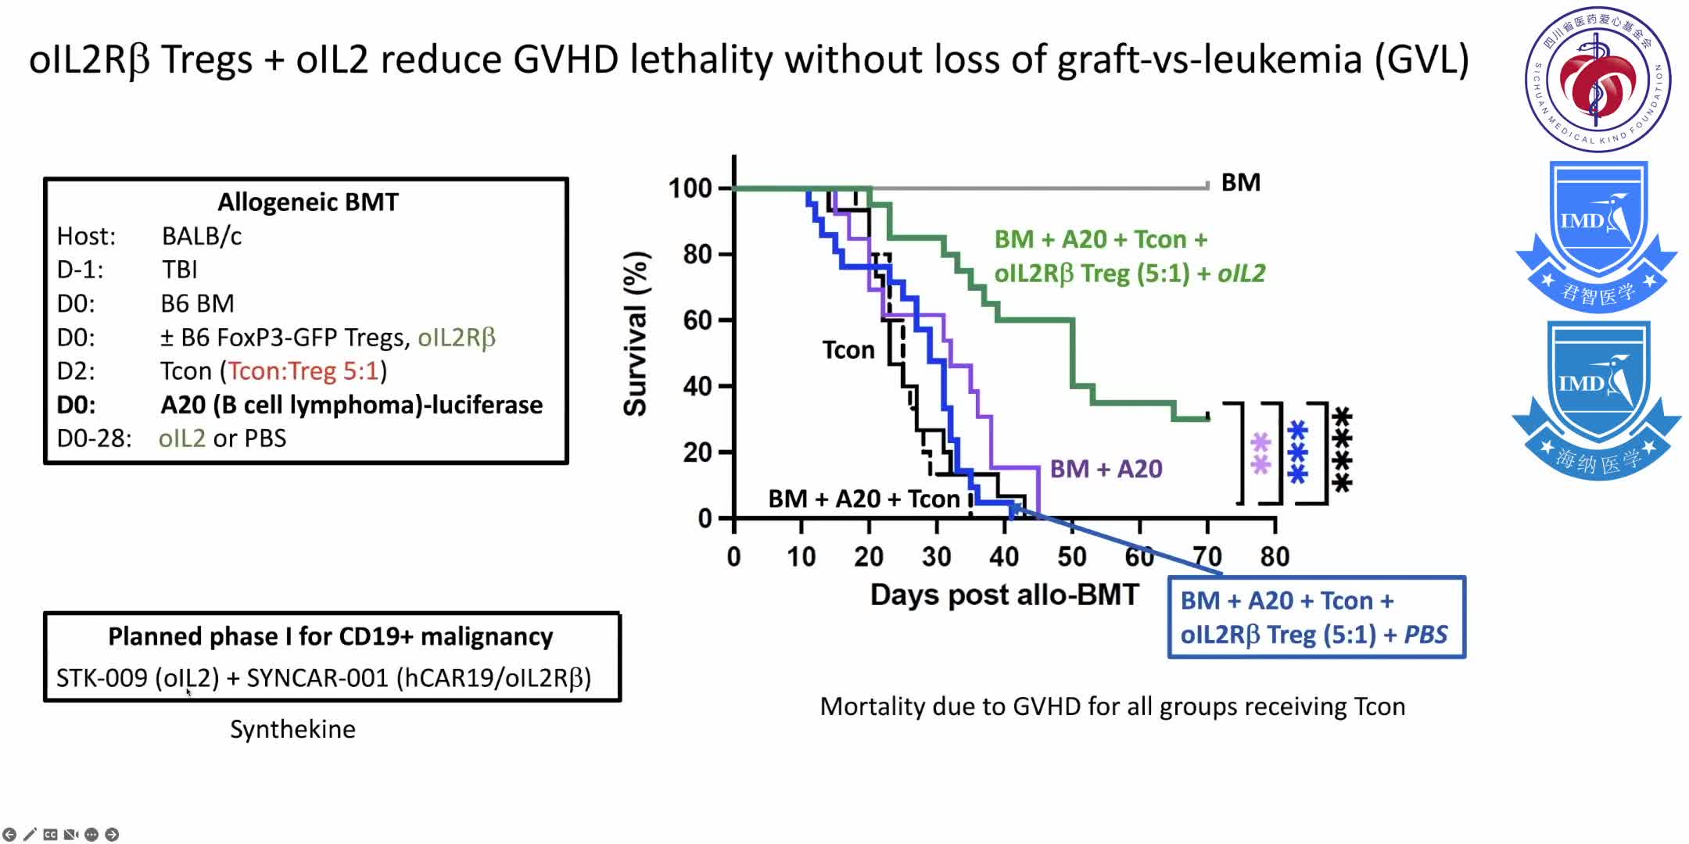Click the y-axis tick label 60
click(698, 320)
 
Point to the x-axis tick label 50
click(1071, 557)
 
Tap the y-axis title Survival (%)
click(636, 334)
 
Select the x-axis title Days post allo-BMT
click(1004, 595)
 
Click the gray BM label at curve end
click(1241, 183)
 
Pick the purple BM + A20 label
click(1106, 469)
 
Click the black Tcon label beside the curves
click(848, 350)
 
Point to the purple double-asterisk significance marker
click(1260, 454)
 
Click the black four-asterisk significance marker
click(1342, 449)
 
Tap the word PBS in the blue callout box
click(1425, 635)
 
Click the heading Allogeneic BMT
click(307, 202)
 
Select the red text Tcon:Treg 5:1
click(303, 371)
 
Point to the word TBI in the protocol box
click(179, 270)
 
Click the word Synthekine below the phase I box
click(292, 729)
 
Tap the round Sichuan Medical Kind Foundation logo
click(1598, 79)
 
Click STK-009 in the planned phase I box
click(102, 678)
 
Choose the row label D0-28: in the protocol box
click(94, 438)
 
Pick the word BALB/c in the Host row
click(201, 236)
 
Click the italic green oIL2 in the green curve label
click(1242, 274)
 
